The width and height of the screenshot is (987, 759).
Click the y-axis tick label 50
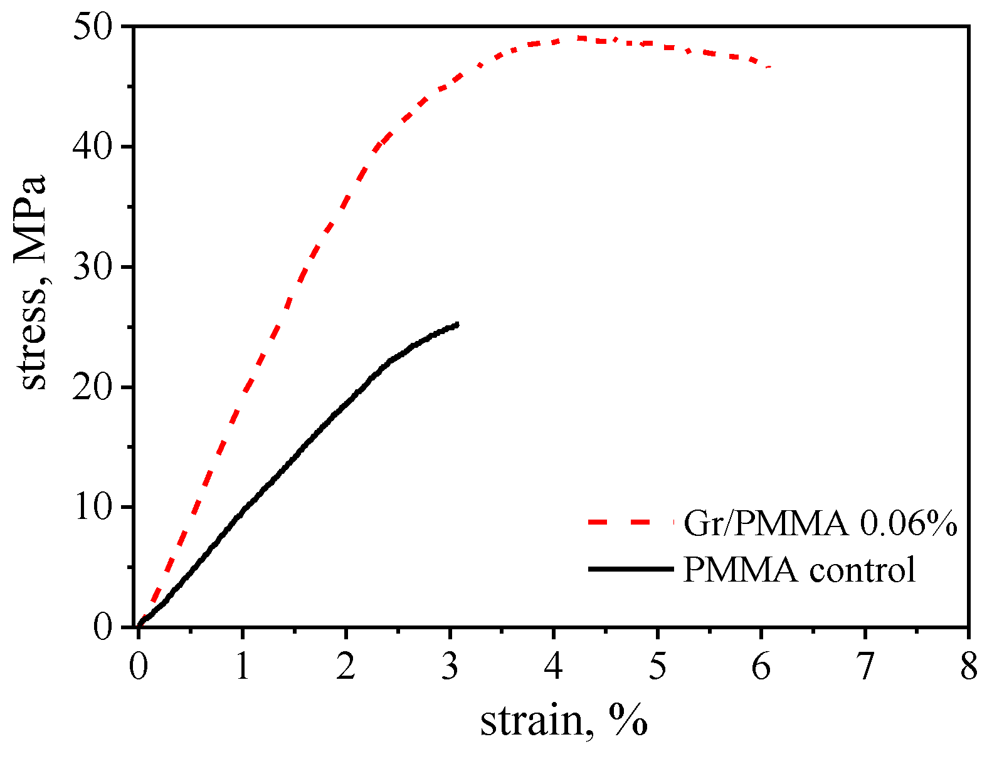[94, 28]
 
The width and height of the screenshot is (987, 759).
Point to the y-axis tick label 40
[94, 148]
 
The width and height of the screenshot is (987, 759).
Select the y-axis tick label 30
[94, 268]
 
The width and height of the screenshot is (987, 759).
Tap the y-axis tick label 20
[94, 388]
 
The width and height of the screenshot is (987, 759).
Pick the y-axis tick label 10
[94, 508]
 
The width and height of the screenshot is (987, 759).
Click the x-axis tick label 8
[969, 667]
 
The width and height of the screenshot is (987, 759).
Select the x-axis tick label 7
[865, 667]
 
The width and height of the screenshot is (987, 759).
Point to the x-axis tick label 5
[657, 667]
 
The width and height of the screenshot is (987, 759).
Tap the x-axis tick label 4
[554, 667]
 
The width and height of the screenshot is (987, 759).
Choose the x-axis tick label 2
[346, 667]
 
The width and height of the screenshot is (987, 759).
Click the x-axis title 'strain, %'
[563, 722]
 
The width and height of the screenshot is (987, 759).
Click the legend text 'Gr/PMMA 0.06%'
[820, 523]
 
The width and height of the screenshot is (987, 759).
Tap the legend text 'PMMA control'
[800, 570]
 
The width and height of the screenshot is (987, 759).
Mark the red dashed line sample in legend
[630, 521]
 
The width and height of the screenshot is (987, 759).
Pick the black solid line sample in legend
[630, 568]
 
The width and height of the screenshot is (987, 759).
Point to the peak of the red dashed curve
[580, 38]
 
